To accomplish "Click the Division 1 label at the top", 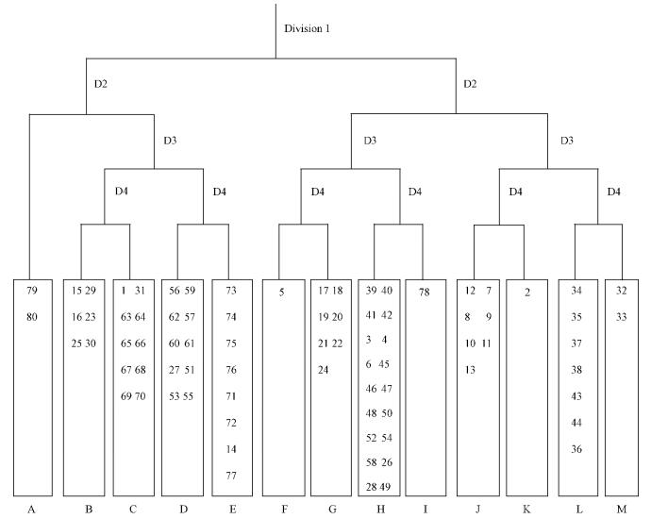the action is coord(309,27).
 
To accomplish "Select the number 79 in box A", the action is coord(31,291).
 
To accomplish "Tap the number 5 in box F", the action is coord(282,292).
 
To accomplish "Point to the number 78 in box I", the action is coord(425,292).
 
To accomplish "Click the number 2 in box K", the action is coord(526,292).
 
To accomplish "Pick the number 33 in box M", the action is coord(621,317).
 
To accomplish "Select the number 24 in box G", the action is coord(324,370).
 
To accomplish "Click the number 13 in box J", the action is coord(470,370).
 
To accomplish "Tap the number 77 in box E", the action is coord(232,476).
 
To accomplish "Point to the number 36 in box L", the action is coord(576,449).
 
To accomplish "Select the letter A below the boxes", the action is coord(31,510).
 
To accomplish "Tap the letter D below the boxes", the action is coord(183,510).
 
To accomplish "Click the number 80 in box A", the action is coord(31,317).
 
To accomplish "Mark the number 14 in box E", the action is coord(232,449).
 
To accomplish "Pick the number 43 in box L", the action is coord(576,396).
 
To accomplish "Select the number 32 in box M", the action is coord(621,291).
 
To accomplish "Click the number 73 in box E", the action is coord(232,291).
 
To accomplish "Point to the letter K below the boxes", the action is coord(526,510).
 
